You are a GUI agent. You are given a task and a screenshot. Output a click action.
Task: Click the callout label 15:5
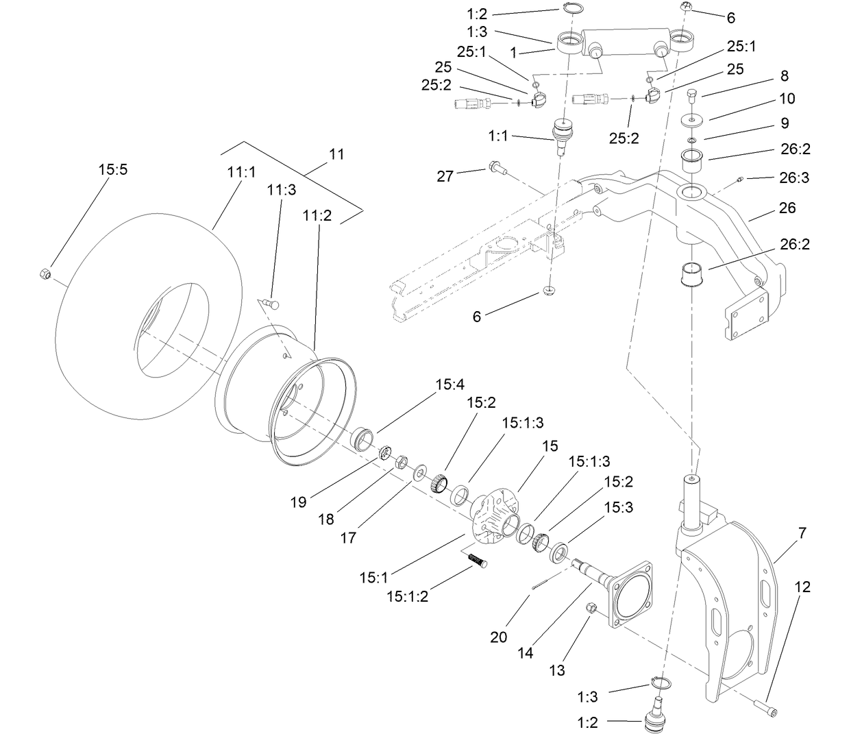point(113,169)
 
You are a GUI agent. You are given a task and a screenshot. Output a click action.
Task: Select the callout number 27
point(445,176)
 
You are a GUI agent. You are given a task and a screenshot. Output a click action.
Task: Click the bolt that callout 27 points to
point(496,167)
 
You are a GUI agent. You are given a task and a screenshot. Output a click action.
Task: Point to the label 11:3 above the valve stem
point(282,189)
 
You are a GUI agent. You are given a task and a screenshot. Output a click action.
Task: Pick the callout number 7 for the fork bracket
point(802,533)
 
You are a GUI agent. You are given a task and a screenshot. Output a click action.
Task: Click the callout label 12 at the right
point(802,587)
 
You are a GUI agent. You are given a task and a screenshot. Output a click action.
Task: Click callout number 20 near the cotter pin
point(499,637)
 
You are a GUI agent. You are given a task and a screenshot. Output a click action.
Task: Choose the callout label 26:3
point(793,178)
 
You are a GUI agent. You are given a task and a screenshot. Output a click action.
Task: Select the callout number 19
point(298,502)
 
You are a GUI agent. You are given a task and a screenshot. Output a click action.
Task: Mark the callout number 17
point(348,538)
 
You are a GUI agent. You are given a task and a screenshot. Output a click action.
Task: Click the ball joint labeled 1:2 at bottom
point(659,722)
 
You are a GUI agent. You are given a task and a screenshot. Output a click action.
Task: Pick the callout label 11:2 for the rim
point(317,215)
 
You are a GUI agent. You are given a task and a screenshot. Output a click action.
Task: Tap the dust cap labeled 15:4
point(362,436)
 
